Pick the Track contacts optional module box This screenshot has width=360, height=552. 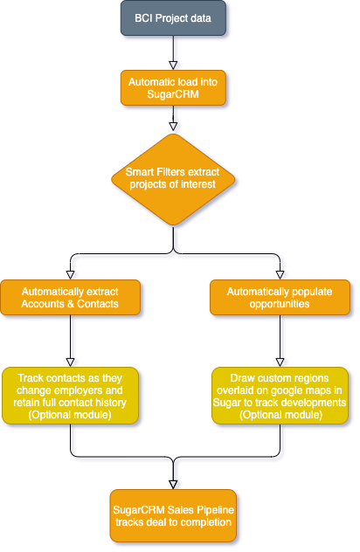tap(71, 397)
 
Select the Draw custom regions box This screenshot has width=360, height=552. tap(280, 397)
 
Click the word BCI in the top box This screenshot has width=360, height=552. tap(144, 18)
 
